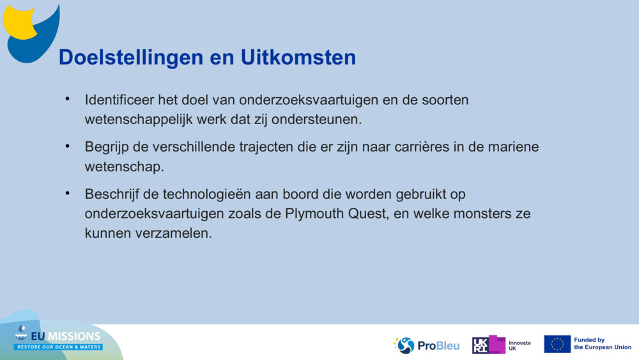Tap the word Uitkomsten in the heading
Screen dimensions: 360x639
298,58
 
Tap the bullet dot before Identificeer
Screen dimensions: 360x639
67,99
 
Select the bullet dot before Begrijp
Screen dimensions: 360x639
67,146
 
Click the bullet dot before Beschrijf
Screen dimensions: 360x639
67,192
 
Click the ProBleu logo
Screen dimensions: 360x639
427,345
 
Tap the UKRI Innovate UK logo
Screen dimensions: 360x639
502,345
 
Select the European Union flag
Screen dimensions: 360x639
557,344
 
